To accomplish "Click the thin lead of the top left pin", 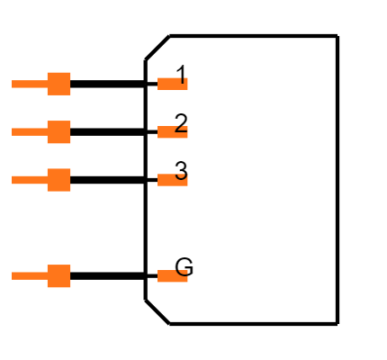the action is (x=29, y=84).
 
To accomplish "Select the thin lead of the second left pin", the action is (x=29, y=131).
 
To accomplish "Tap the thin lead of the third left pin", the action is (x=29, y=180).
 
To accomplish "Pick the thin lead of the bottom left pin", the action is (x=29, y=275).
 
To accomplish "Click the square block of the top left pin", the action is (x=58, y=84).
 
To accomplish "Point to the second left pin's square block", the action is (x=58, y=132).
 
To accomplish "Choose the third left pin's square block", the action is (x=58, y=180).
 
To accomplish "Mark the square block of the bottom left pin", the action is (x=58, y=276).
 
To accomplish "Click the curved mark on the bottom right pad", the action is (x=183, y=271).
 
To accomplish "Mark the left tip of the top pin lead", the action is (x=13, y=84).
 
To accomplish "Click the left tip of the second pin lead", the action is (x=13, y=131).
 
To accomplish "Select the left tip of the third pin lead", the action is (x=13, y=180).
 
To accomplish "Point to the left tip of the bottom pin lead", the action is (x=13, y=275).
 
